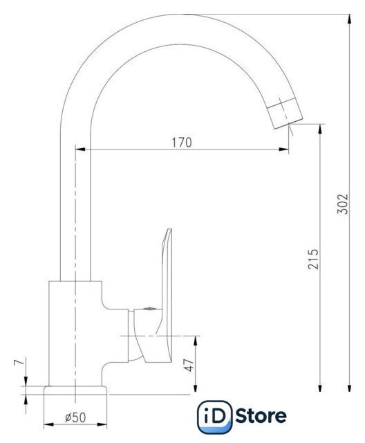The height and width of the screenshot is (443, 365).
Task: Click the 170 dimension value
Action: [x=182, y=143]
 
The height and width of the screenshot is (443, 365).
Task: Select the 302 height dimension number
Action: [x=344, y=204]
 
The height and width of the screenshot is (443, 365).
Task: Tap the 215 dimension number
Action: [x=313, y=259]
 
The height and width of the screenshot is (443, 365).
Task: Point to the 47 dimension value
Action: [x=189, y=365]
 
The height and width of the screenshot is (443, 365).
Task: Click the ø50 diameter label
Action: [x=75, y=417]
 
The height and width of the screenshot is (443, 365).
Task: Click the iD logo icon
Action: [x=215, y=417]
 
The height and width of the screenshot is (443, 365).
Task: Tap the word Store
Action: [x=261, y=415]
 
